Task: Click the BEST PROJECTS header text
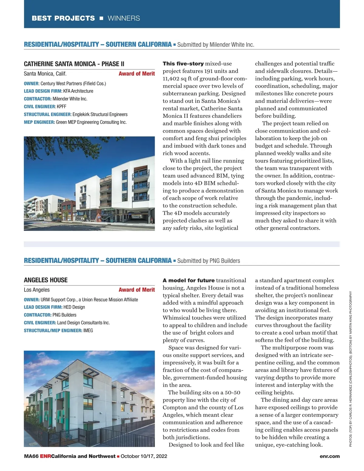pos(63,18)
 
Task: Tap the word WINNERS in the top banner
pos(124,18)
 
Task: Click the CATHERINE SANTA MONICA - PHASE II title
pos(74,64)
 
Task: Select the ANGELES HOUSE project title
pos(46,280)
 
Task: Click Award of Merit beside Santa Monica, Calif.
pos(136,73)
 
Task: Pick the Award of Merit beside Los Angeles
pos(136,290)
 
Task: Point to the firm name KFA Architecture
pos(78,91)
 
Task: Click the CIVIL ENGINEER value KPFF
pos(62,107)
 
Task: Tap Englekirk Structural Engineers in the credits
pos(100,114)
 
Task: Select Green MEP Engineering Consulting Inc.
pos(91,122)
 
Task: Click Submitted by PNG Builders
pos(209,261)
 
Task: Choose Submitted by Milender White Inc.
pos(216,45)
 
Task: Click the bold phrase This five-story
pos(183,64)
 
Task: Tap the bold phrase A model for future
pos(188,280)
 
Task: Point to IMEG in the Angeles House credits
pos(88,330)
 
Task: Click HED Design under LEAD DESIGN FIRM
pos(74,307)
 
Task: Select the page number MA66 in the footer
pos(31,456)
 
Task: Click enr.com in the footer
pos(329,456)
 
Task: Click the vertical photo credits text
pos(351,369)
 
